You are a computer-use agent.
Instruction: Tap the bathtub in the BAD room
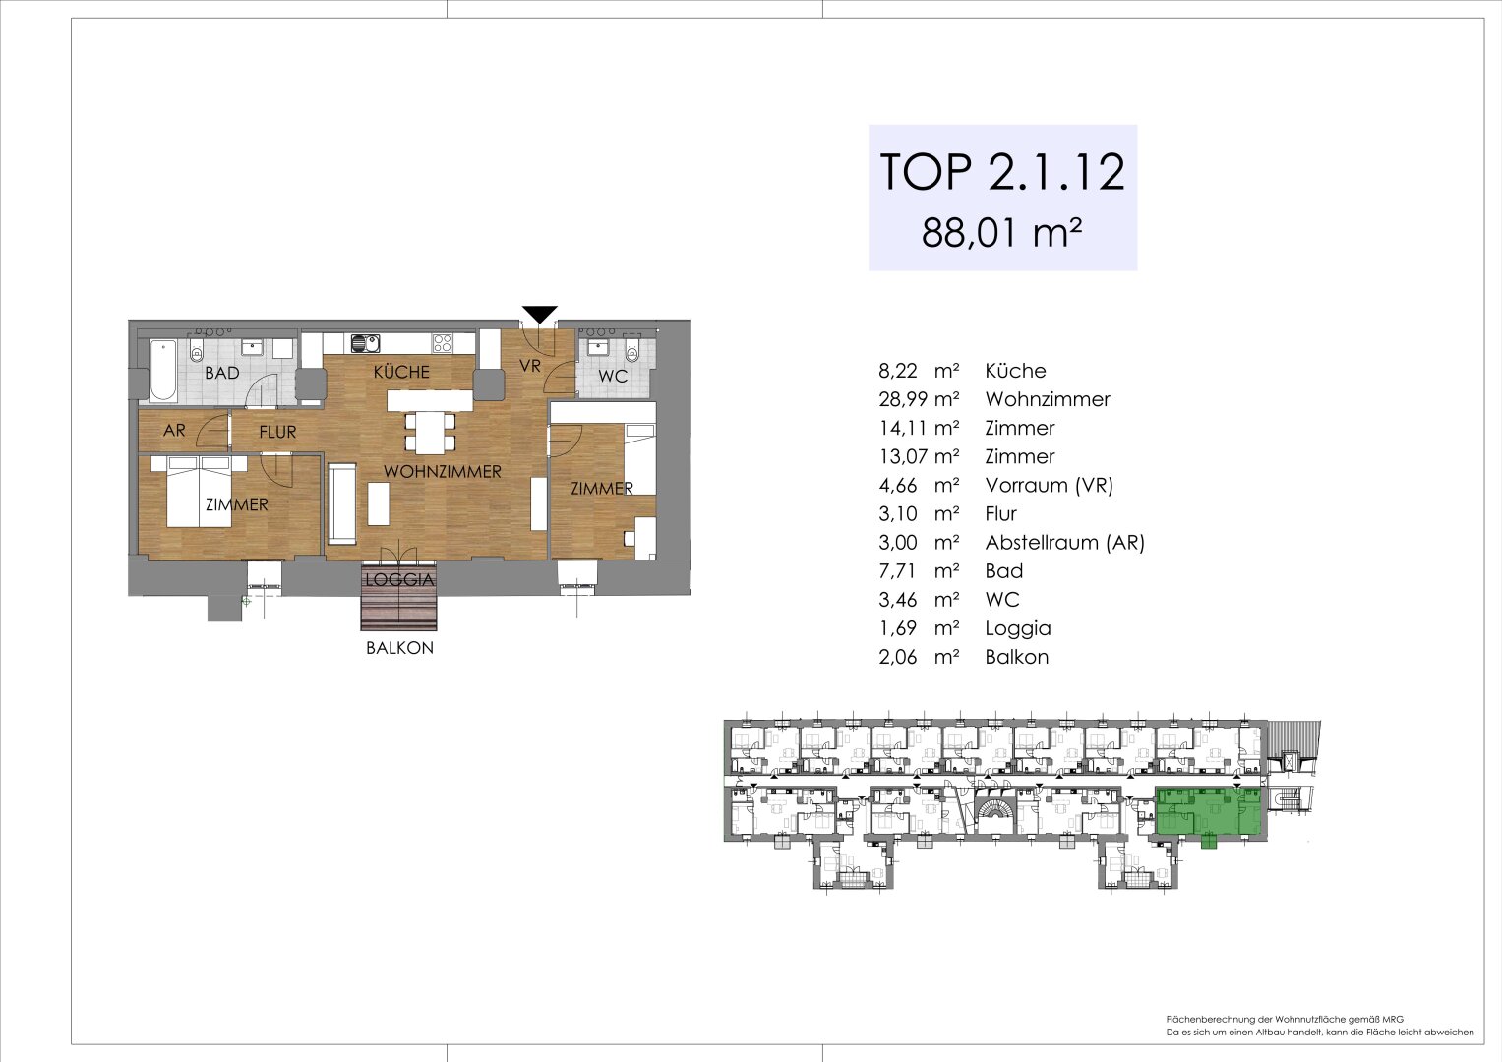coord(164,370)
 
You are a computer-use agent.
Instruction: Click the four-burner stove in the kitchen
coord(443,343)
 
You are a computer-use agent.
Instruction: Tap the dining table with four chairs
coord(430,431)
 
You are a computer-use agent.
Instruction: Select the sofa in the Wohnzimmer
coord(342,503)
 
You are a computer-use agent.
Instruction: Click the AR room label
coord(174,431)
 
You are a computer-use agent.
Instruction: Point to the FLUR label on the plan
coord(277,432)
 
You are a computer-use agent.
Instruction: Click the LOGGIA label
coord(399,579)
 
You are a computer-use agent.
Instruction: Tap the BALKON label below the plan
coord(399,648)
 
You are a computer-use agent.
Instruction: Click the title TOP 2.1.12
coord(1001,172)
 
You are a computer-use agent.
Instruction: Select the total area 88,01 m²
coord(1001,234)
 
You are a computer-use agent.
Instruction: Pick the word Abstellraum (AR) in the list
coord(1064,542)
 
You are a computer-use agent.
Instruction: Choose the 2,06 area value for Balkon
coord(898,657)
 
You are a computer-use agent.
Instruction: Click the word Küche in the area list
coord(1015,371)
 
